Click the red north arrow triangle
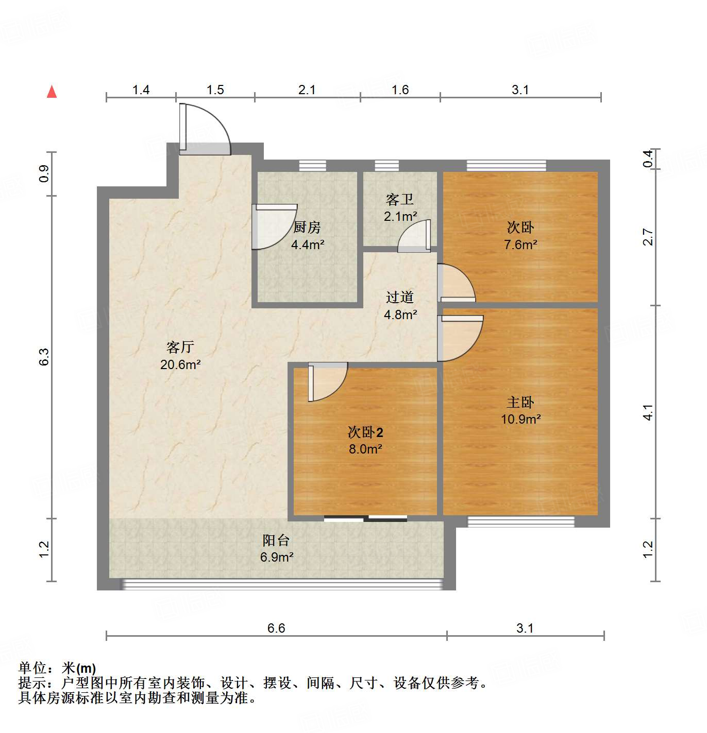point(52,92)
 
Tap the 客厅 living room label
point(180,347)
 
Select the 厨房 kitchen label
point(307,227)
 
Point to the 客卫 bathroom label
point(400,199)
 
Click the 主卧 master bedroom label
point(520,402)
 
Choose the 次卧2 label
point(365,432)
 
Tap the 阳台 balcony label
point(276,540)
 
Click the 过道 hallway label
point(400,297)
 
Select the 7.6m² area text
point(520,245)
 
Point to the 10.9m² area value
point(520,419)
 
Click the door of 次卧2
point(327,381)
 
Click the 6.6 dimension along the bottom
point(276,628)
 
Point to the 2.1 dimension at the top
point(307,90)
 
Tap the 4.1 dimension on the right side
point(648,412)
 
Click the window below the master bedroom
point(520,521)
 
